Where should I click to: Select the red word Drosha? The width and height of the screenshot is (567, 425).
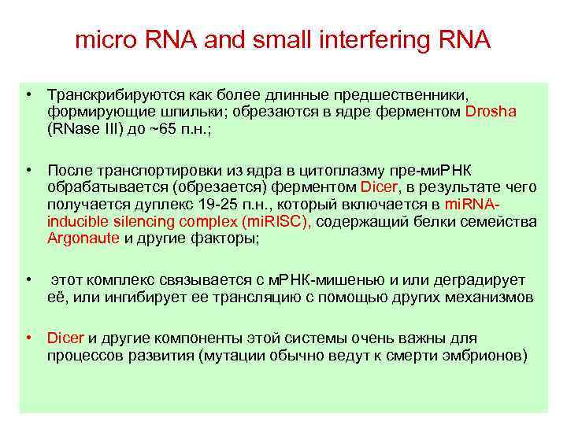(x=491, y=111)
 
